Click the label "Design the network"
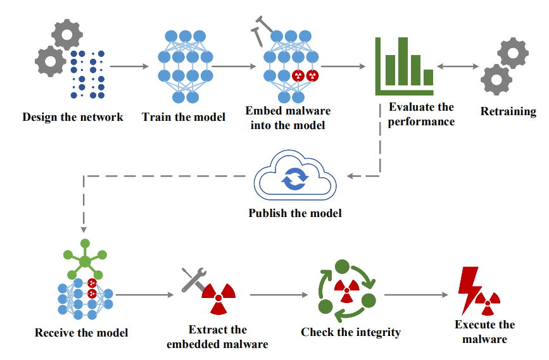(73, 116)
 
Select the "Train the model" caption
(184, 116)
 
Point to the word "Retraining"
(508, 112)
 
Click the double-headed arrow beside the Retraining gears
(458, 66)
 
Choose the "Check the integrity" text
(351, 332)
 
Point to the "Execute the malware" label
(484, 332)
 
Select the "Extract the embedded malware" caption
(217, 337)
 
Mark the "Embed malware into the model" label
(288, 118)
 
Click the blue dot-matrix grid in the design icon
(87, 75)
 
